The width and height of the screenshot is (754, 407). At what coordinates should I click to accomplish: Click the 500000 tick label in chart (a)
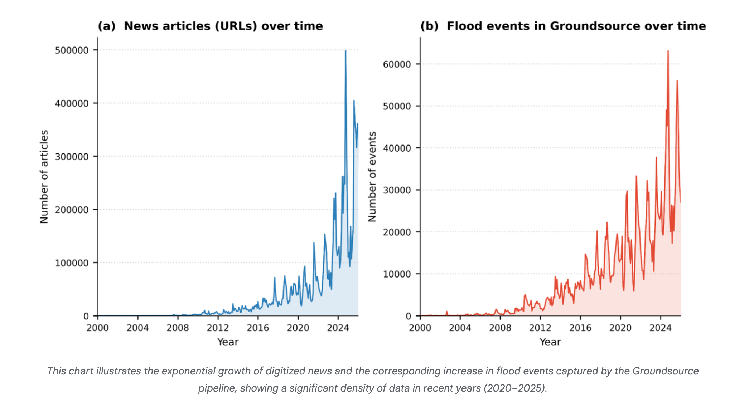pyautogui.click(x=72, y=50)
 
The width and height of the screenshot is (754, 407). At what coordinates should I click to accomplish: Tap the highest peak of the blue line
pyautogui.click(x=345, y=51)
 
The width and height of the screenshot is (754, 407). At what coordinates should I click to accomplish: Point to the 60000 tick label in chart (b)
pyautogui.click(x=397, y=64)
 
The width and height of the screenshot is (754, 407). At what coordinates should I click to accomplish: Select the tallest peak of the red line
pyautogui.click(x=668, y=51)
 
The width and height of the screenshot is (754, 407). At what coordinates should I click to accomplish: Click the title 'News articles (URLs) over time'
pyautogui.click(x=223, y=26)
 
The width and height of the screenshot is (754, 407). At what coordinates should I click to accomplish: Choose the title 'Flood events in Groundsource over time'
pyautogui.click(x=576, y=26)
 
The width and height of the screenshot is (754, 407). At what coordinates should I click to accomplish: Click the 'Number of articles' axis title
pyautogui.click(x=44, y=177)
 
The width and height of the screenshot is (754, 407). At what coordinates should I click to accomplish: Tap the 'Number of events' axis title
pyautogui.click(x=372, y=177)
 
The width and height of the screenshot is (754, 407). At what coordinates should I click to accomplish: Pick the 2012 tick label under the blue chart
pyautogui.click(x=218, y=328)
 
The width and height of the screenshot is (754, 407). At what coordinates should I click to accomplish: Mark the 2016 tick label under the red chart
pyautogui.click(x=580, y=328)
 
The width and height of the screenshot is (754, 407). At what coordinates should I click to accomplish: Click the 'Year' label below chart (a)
pyautogui.click(x=228, y=342)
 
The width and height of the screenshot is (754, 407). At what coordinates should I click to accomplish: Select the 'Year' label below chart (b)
pyautogui.click(x=550, y=342)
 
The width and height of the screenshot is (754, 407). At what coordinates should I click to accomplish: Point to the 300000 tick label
pyautogui.click(x=72, y=157)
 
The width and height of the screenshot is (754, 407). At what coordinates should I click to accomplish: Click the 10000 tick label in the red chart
pyautogui.click(x=397, y=274)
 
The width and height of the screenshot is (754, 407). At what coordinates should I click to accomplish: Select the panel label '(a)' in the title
pyautogui.click(x=107, y=26)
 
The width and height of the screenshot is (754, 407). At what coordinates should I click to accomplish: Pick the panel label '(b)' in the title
pyautogui.click(x=429, y=26)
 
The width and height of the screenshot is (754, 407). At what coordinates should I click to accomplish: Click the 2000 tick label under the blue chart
pyautogui.click(x=97, y=328)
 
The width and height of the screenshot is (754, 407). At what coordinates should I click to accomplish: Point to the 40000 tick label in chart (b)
pyautogui.click(x=397, y=148)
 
